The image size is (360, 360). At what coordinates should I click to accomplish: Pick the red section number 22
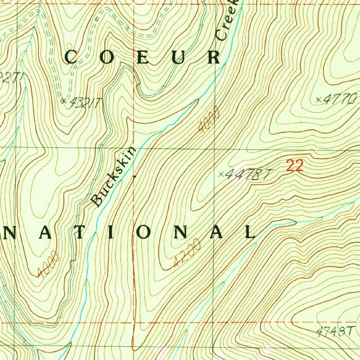tap(294, 166)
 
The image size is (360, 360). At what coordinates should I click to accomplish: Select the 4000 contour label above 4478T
tap(209, 121)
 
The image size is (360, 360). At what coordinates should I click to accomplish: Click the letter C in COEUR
tap(71, 57)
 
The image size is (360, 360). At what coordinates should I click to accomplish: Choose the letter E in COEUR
tap(143, 57)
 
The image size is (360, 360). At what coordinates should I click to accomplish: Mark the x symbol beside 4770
tap(319, 100)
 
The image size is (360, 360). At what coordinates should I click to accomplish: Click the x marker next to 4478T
tap(221, 173)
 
